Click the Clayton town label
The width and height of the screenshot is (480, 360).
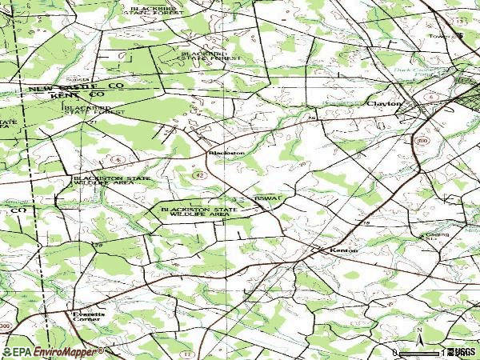coord(383,103)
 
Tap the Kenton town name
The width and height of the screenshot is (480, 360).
coord(342,250)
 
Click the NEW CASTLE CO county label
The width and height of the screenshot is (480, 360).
coord(77,86)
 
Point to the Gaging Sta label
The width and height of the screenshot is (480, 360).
coord(433,237)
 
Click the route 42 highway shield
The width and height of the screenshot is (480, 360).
coord(199,174)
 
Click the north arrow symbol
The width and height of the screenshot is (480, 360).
coord(418,336)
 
